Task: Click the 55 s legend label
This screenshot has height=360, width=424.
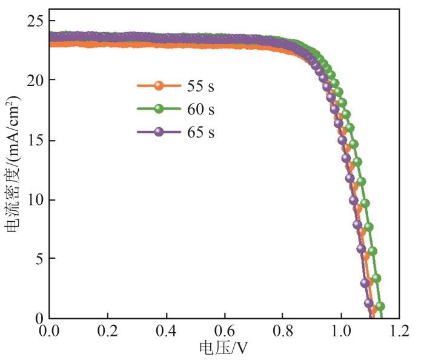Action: coord(200,86)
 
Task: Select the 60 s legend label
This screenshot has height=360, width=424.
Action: coord(200,109)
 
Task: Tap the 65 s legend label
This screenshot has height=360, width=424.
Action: coord(200,132)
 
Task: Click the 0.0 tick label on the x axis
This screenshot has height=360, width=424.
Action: coord(50,332)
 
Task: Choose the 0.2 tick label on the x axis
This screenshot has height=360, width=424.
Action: coord(108,332)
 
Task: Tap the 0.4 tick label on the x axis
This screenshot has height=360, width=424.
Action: coord(167,332)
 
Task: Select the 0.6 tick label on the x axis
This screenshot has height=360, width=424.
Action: coord(225,332)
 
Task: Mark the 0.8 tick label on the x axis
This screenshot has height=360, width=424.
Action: coord(283,332)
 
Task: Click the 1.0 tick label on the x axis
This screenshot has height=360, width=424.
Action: coord(341,332)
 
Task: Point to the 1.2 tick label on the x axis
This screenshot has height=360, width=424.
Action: coord(399,332)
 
